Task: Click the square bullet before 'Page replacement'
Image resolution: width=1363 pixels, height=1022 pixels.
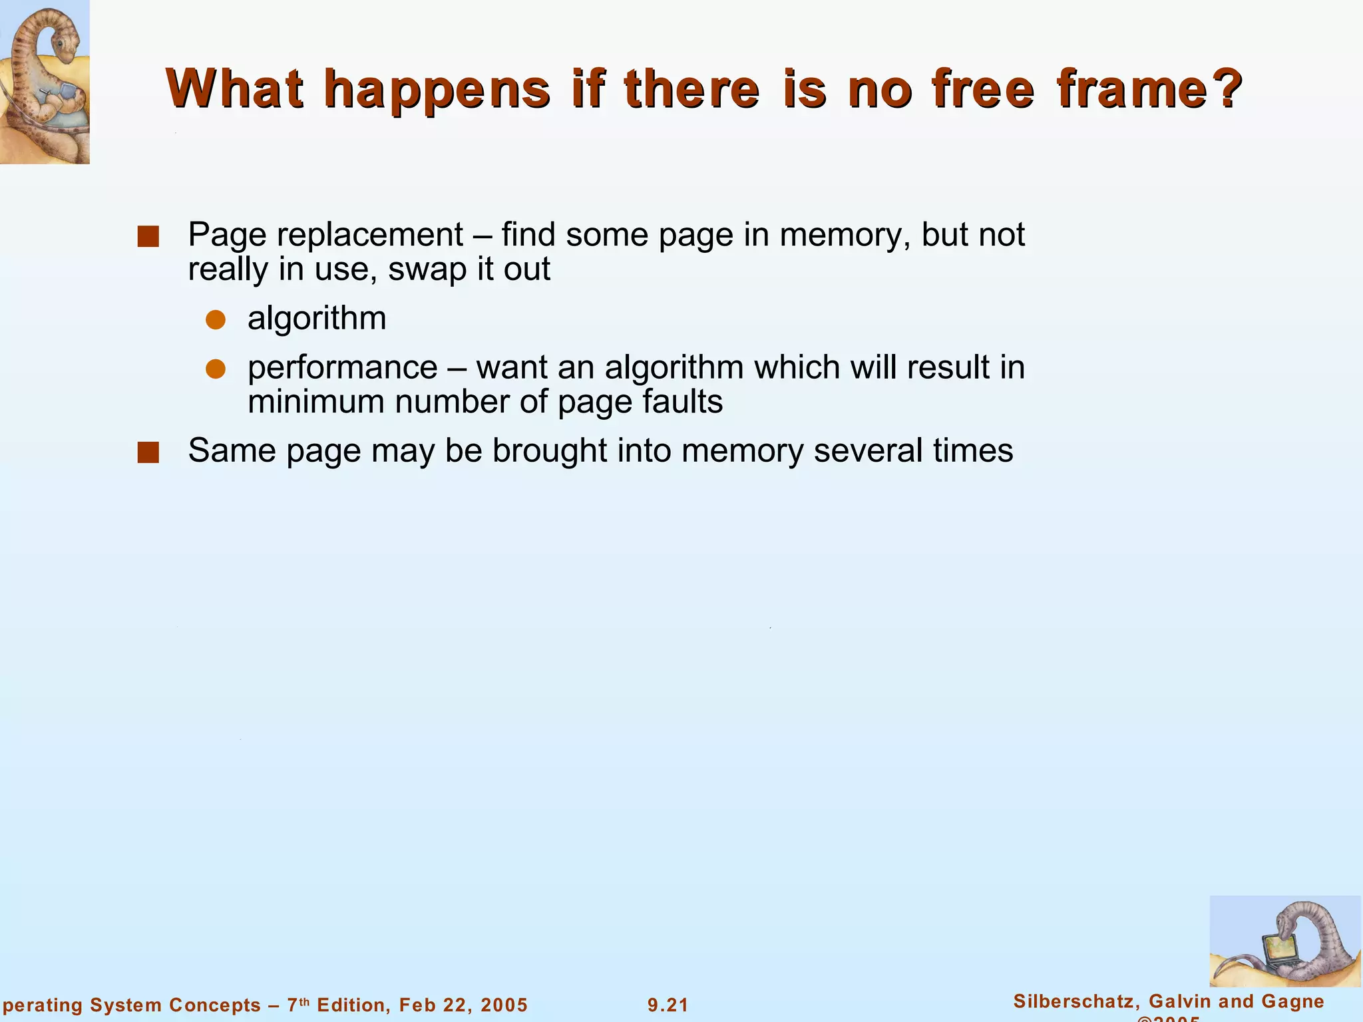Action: [x=148, y=237]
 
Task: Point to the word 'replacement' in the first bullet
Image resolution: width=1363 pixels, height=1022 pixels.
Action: [x=370, y=235]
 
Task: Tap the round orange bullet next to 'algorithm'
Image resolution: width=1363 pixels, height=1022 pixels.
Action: [x=216, y=320]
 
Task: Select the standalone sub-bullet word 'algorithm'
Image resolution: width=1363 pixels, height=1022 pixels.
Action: [x=317, y=319]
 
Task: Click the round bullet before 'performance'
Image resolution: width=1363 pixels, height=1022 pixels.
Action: [x=216, y=369]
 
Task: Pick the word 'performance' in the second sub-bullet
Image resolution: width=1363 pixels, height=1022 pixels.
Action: [x=342, y=368]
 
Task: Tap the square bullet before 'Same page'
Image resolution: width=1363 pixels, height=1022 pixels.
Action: [x=148, y=452]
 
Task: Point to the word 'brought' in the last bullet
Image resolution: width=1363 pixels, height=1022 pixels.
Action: [x=550, y=450]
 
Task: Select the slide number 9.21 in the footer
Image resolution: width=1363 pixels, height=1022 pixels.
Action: [x=668, y=1005]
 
